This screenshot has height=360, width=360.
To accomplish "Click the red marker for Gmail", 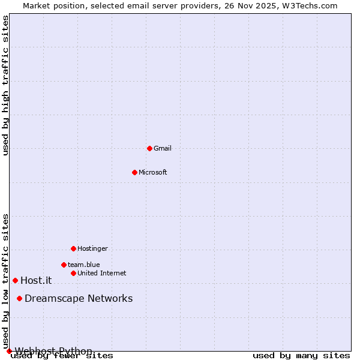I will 149,148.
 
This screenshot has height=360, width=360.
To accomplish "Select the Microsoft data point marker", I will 135,172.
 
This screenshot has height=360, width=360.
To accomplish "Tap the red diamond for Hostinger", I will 73,248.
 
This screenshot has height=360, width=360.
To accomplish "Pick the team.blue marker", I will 64,265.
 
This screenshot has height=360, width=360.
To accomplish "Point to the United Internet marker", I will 73,273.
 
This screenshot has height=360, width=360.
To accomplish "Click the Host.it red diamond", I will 16,280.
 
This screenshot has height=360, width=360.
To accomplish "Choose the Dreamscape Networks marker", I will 20,298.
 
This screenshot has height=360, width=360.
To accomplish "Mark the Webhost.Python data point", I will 9,351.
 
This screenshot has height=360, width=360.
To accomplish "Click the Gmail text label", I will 163,148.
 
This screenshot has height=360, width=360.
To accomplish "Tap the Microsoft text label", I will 153,172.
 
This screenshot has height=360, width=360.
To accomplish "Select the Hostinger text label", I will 92,248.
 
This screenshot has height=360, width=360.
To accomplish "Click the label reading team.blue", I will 84,265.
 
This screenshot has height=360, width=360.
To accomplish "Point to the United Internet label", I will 102,273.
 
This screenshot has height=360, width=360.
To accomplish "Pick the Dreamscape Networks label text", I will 79,298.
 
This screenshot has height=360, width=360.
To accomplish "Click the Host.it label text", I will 36,280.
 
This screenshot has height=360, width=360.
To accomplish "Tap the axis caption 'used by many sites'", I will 301,356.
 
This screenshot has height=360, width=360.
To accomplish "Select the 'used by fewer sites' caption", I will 62,356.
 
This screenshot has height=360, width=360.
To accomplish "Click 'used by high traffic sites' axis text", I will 6,86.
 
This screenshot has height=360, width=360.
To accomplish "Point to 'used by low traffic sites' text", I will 6,281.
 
